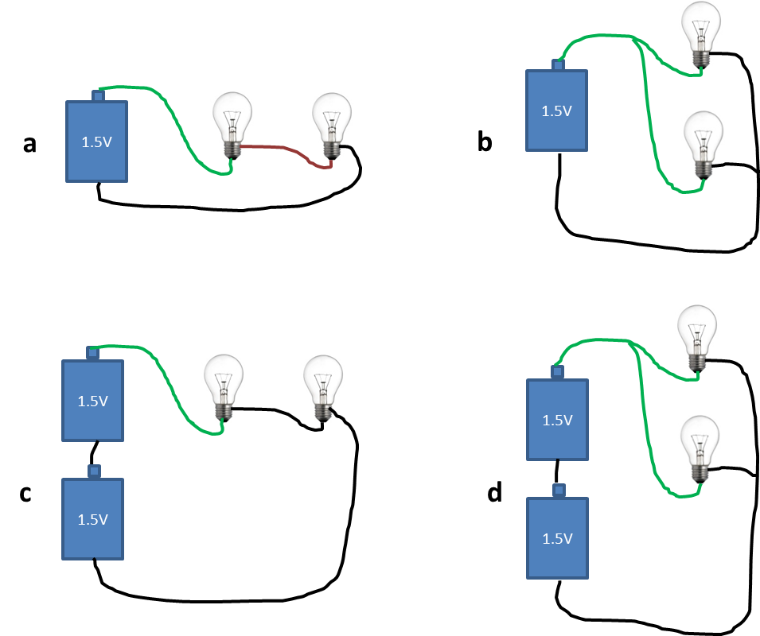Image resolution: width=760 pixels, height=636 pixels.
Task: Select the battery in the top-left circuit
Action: coord(96,142)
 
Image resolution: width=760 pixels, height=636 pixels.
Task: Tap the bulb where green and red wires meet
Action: coord(232,126)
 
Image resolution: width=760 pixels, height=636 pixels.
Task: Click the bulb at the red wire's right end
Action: coord(332,126)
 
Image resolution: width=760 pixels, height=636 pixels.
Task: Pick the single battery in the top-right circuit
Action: coord(556,111)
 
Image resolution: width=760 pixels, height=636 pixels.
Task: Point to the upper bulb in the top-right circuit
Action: coord(701,35)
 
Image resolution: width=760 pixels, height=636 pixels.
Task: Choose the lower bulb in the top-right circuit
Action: coord(703,145)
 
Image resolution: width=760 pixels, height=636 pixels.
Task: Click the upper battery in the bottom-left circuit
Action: coord(92,401)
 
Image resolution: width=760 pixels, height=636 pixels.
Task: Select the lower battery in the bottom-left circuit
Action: coord(92,519)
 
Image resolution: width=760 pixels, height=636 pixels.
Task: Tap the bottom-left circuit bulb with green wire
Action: coord(224,388)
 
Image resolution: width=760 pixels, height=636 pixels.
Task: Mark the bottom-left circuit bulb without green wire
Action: coord(322,388)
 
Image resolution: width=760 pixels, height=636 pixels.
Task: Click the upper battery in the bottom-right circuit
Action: coord(557,420)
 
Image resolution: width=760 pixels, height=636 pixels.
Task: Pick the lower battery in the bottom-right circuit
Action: coord(557,538)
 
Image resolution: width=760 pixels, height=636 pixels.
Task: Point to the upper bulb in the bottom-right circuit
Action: coord(697,339)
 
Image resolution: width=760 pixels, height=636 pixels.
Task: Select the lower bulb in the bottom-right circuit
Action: coord(700,449)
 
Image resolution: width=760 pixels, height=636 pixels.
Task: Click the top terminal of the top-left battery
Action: coord(98,96)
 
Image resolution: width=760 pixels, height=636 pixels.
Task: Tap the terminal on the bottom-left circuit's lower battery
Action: coord(94,471)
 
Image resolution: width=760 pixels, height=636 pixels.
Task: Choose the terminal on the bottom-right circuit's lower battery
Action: coord(559,491)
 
